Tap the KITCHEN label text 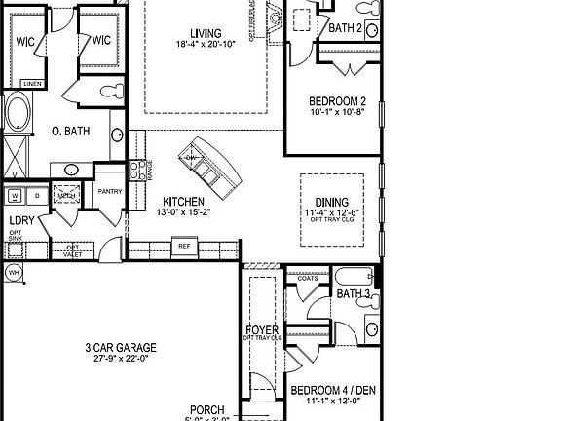click(x=183, y=200)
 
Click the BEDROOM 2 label click(x=337, y=101)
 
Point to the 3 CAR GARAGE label click(x=121, y=347)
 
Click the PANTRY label click(x=109, y=191)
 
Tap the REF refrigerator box click(x=183, y=247)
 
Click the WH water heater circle click(x=14, y=271)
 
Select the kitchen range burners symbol click(x=138, y=171)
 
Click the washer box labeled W click(x=15, y=196)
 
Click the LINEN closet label click(x=32, y=84)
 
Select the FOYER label click(x=263, y=331)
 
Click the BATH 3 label click(x=354, y=293)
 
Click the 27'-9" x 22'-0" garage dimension click(x=121, y=359)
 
